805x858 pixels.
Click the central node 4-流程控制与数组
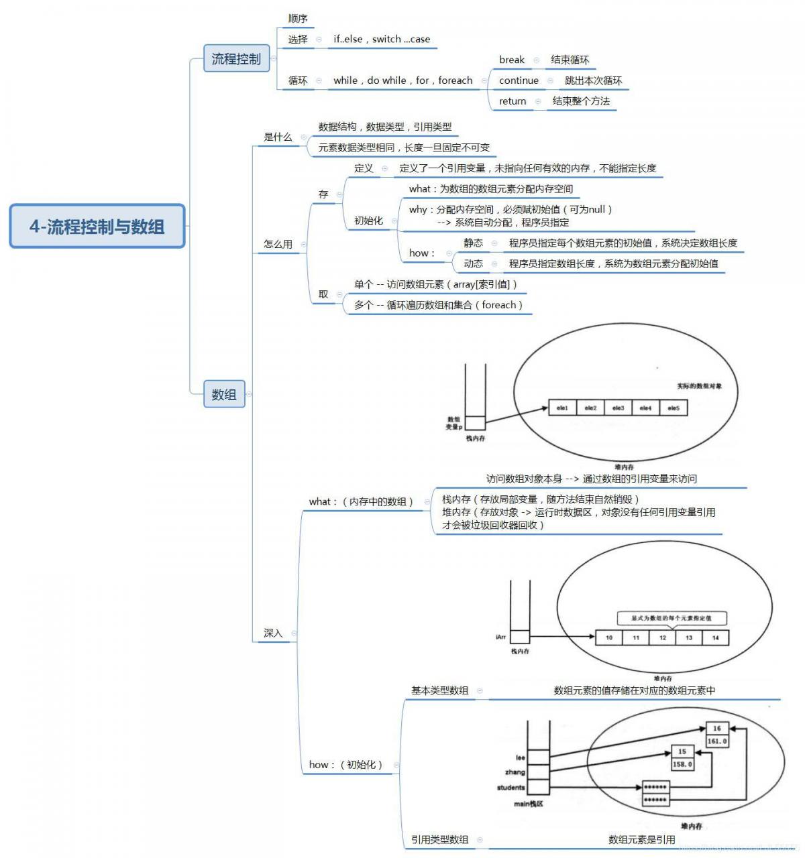pyautogui.click(x=97, y=227)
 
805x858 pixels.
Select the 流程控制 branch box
pyautogui.click(x=236, y=59)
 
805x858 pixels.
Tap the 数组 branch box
pyautogui.click(x=224, y=394)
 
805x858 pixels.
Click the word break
pyautogui.click(x=511, y=60)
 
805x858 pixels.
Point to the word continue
pyautogui.click(x=519, y=80)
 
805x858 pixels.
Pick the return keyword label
pyautogui.click(x=513, y=101)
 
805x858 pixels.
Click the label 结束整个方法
pyautogui.click(x=581, y=101)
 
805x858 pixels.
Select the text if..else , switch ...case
pyautogui.click(x=382, y=39)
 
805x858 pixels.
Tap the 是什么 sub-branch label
pyautogui.click(x=278, y=137)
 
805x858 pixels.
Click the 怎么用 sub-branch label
pyautogui.click(x=278, y=244)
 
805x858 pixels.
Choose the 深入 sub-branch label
pyautogui.click(x=273, y=633)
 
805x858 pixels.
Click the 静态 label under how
pyautogui.click(x=473, y=243)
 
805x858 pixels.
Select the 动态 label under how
pyautogui.click(x=473, y=263)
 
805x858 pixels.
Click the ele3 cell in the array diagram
pyautogui.click(x=618, y=408)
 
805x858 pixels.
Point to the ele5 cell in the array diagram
pyautogui.click(x=673, y=408)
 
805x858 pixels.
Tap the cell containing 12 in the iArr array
pyautogui.click(x=662, y=637)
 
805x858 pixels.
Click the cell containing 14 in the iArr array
pyautogui.click(x=715, y=637)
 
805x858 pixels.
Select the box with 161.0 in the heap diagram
pyautogui.click(x=716, y=741)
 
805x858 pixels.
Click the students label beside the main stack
pyautogui.click(x=511, y=788)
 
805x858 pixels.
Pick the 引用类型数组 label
pyautogui.click(x=439, y=839)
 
